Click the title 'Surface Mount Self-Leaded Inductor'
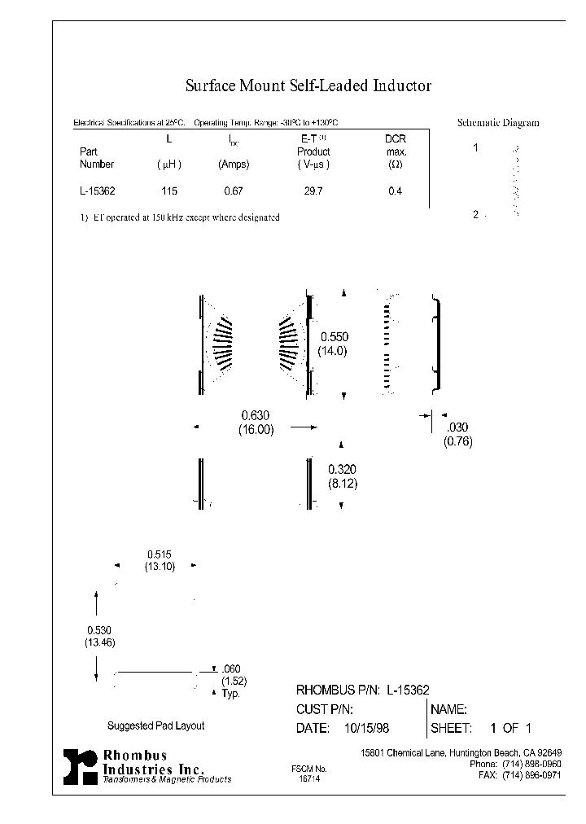pos(308,85)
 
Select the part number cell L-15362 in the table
pos(97,192)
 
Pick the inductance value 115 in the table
pos(168,192)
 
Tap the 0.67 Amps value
pos(234,192)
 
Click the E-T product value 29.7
pos(313,192)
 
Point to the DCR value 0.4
pos(395,192)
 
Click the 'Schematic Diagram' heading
pos(498,123)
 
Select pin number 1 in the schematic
pos(477,149)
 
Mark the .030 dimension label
pos(457,427)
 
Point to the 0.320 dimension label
pos(342,470)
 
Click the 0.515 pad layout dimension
pos(160,554)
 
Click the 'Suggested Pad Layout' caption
pos(155,725)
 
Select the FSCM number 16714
pos(309,778)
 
